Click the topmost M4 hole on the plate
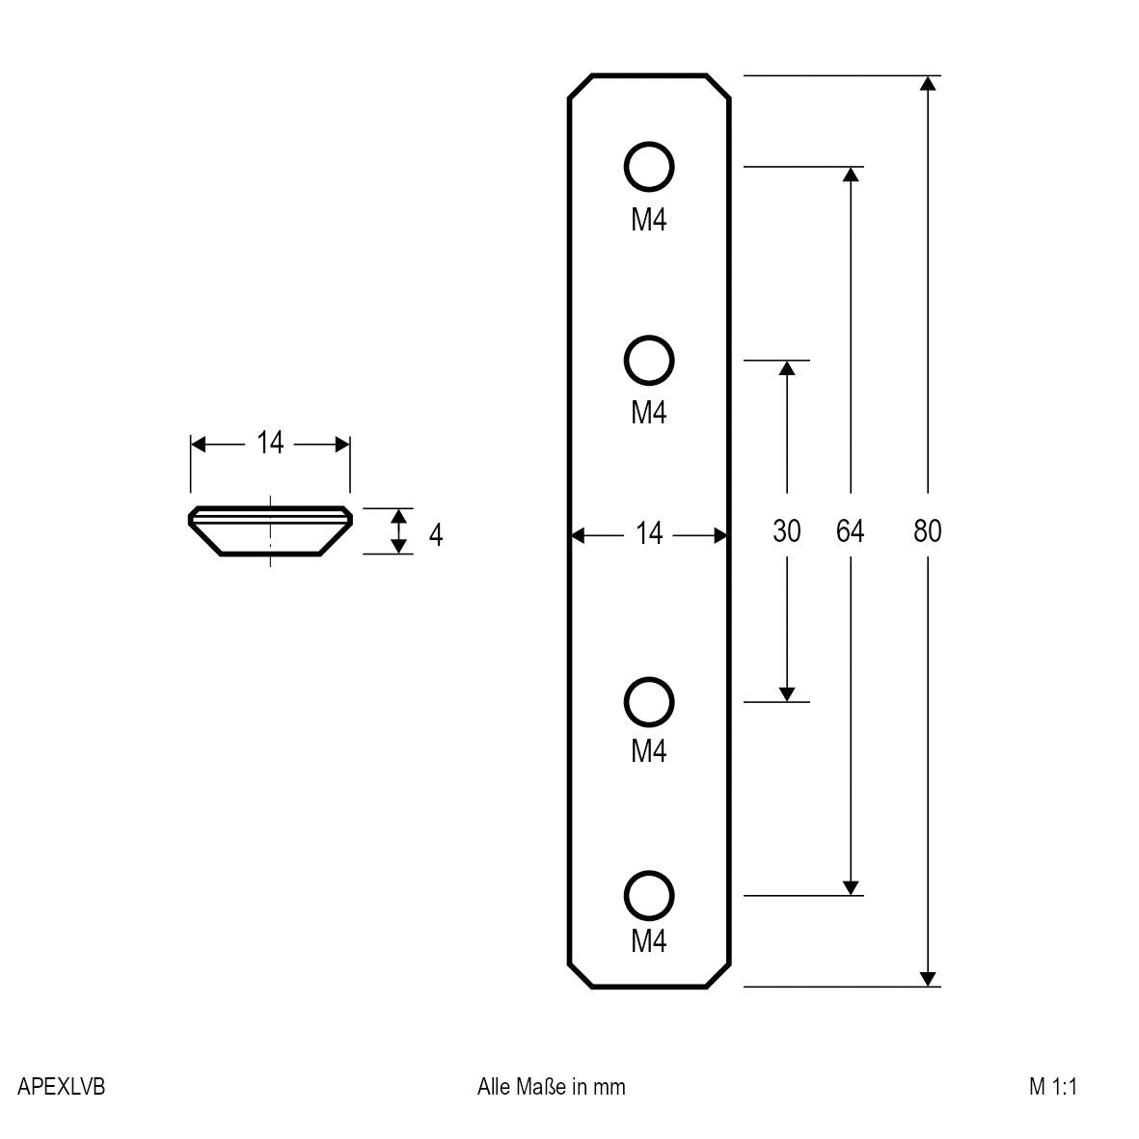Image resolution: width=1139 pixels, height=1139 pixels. click(649, 168)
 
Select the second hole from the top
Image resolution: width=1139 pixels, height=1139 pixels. click(649, 361)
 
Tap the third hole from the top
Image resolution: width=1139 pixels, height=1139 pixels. click(649, 701)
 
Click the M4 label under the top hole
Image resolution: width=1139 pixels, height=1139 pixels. click(649, 221)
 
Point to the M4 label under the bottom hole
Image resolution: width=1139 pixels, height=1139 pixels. click(649, 940)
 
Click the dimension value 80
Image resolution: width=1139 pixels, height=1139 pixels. click(927, 531)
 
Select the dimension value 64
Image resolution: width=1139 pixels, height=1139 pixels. click(850, 531)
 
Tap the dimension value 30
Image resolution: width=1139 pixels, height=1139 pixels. click(787, 531)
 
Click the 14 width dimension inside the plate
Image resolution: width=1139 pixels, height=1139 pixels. click(650, 532)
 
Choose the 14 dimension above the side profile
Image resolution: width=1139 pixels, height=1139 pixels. click(270, 444)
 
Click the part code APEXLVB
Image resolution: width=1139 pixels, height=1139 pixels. click(62, 1087)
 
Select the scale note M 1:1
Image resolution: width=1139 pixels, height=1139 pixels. click(1052, 1087)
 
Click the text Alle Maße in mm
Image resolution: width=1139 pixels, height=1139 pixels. click(551, 1087)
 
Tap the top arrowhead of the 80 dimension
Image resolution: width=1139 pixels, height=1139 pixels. click(928, 83)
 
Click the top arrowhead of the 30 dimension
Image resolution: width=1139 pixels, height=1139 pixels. click(787, 368)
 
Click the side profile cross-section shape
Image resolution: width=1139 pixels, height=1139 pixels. click(270, 531)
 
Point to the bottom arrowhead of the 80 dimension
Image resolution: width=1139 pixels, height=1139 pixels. click(928, 978)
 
